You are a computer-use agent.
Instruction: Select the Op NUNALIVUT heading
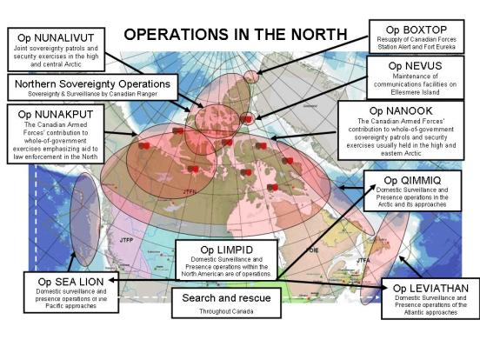[55, 38]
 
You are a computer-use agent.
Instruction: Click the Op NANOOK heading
[400, 110]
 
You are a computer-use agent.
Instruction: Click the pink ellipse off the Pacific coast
[84, 219]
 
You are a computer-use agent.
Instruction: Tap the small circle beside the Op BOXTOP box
[250, 77]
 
